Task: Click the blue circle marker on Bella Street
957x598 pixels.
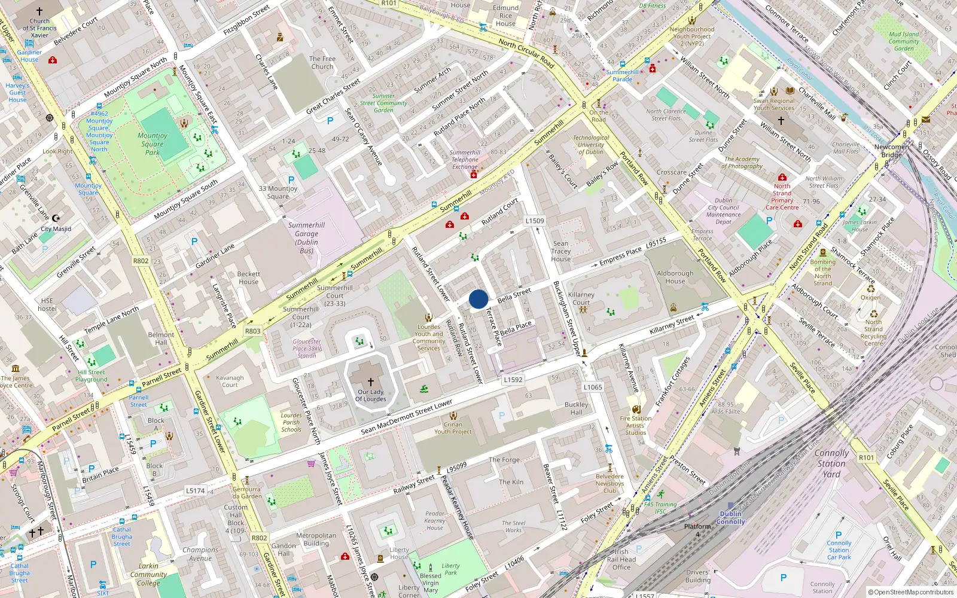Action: (x=478, y=299)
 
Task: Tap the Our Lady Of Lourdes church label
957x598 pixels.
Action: (x=371, y=395)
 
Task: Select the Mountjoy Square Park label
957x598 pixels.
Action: (x=153, y=144)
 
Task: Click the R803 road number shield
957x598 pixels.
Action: (x=252, y=331)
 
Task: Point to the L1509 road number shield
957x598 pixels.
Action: (x=535, y=221)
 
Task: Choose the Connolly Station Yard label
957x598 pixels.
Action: (x=831, y=463)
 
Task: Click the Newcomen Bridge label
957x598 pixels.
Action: (x=891, y=151)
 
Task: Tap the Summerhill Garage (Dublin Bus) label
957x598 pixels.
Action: (x=306, y=238)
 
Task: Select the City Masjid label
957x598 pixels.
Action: (x=56, y=229)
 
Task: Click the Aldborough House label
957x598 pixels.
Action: (x=675, y=277)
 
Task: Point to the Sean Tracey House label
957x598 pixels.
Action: (x=560, y=251)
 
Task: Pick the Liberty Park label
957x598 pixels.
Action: (x=450, y=569)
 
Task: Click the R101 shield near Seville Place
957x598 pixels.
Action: (x=866, y=457)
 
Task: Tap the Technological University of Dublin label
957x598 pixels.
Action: (x=591, y=145)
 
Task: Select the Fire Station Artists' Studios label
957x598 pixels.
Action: (x=636, y=425)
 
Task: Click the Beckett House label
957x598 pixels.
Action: (x=248, y=278)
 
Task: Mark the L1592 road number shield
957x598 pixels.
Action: (x=513, y=379)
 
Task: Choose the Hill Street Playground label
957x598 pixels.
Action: (x=91, y=376)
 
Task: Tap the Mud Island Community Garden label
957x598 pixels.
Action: (x=904, y=41)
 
